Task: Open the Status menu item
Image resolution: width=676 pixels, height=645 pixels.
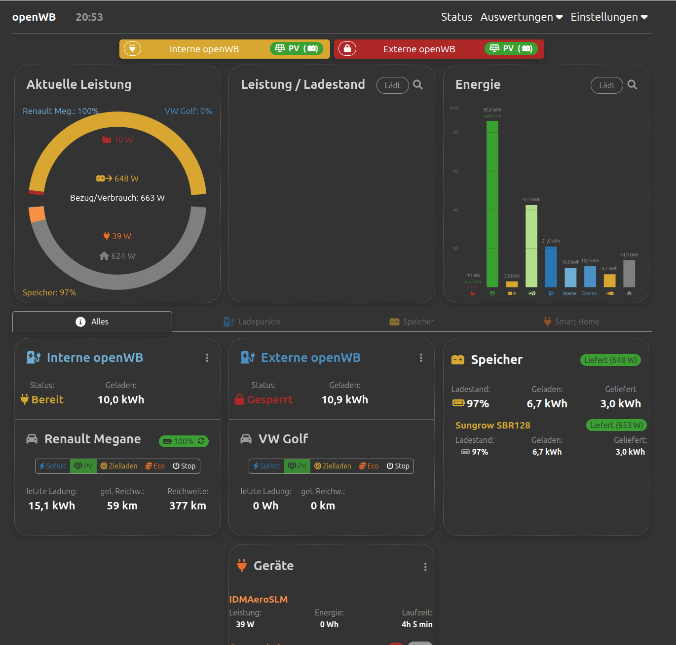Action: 456,17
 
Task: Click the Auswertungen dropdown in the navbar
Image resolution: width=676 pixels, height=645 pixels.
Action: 521,17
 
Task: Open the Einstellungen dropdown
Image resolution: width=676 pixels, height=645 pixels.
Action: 609,17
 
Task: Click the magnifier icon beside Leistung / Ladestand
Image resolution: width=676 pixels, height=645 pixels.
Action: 418,85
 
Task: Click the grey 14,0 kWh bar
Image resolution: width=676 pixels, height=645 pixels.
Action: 629,273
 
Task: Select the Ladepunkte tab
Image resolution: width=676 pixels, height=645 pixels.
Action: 253,322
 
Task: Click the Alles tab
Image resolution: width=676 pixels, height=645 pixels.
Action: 92,322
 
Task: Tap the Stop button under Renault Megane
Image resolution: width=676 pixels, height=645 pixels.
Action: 184,466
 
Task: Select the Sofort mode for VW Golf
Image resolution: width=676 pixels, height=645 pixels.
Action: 266,466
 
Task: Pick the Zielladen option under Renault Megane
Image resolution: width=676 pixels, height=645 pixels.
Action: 119,466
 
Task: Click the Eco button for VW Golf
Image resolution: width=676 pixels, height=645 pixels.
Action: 369,466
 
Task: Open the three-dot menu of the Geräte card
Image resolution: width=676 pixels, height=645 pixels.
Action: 425,567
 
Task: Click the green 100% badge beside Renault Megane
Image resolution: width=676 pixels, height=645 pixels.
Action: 184,441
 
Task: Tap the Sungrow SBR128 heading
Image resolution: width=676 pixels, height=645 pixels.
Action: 492,425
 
